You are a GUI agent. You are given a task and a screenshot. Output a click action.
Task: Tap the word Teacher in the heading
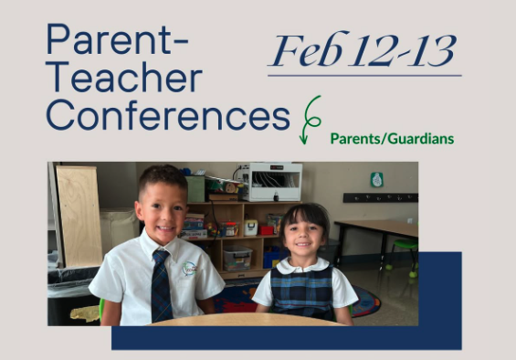click(x=124, y=79)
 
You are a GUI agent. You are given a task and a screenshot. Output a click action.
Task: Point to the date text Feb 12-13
click(x=363, y=50)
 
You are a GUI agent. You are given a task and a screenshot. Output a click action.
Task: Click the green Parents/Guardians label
click(x=392, y=139)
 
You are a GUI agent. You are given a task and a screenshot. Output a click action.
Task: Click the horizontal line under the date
click(x=363, y=75)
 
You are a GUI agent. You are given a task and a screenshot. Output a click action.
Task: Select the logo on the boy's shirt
click(x=189, y=269)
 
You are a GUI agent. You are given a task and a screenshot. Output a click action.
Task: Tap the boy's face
click(x=162, y=207)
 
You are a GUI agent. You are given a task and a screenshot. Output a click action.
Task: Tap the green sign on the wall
click(x=376, y=179)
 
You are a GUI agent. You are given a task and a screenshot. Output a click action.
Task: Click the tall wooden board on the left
click(x=79, y=215)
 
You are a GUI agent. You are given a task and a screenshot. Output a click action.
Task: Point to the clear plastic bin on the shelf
click(x=238, y=258)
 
